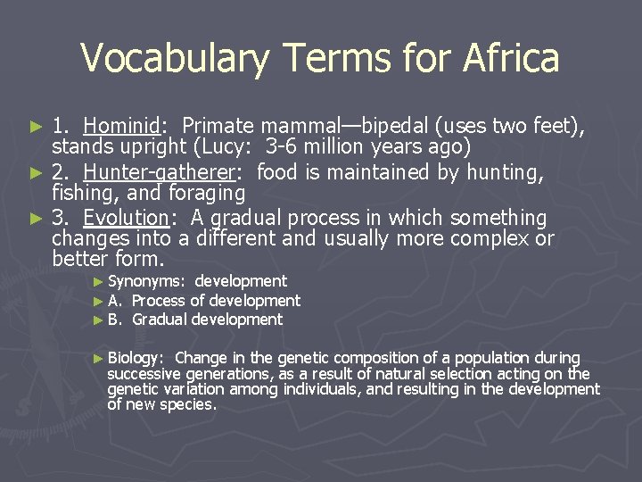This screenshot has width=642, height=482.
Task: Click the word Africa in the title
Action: coord(511,59)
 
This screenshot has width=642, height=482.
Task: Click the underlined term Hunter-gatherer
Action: coord(165,172)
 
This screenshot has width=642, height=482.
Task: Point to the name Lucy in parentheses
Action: coord(220,146)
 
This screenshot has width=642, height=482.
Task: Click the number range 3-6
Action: coord(282,146)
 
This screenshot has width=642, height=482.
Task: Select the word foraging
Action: coord(206,193)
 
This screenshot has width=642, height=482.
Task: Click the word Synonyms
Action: coord(146,281)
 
